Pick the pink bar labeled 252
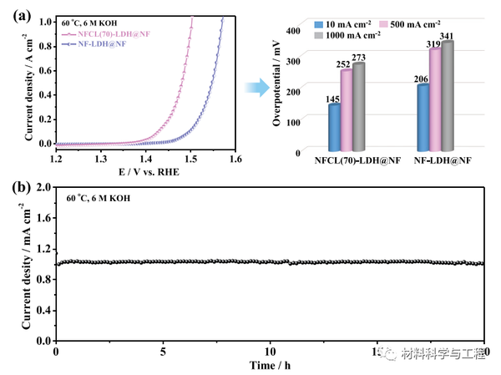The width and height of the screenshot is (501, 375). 347,110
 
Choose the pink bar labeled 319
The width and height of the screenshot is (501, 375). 435,99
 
